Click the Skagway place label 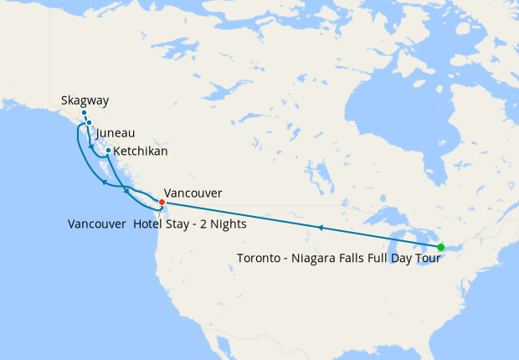tap(85, 101)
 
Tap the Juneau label tap(116, 133)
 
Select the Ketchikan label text tap(141, 152)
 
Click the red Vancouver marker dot tap(162, 202)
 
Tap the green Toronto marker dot tap(440, 247)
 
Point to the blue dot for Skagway tap(84, 113)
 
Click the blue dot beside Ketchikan tap(109, 151)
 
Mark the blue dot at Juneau tap(89, 123)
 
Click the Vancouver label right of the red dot tap(193, 193)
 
